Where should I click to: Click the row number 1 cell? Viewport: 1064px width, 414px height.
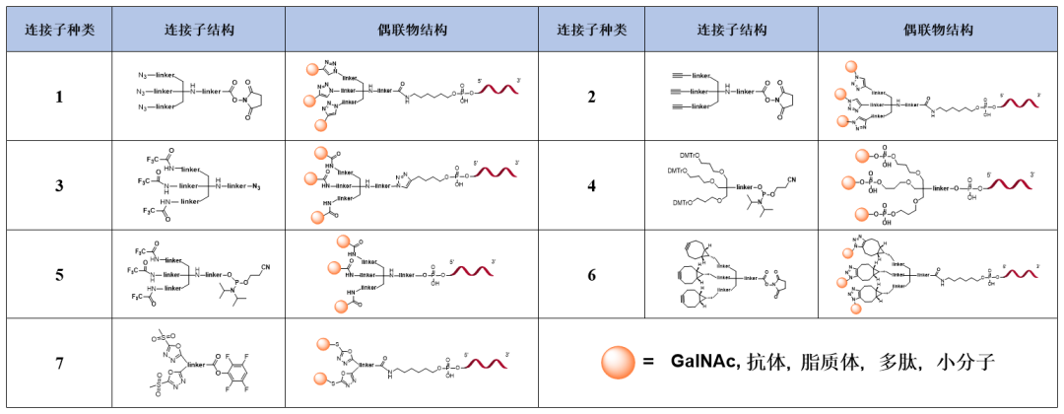pyautogui.click(x=59, y=96)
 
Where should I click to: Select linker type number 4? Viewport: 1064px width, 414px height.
pyautogui.click(x=591, y=185)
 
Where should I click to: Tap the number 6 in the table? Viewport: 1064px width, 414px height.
pyautogui.click(x=591, y=275)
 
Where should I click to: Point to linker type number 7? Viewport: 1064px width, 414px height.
pyautogui.click(x=59, y=364)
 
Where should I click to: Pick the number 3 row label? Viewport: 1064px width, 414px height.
pyautogui.click(x=59, y=185)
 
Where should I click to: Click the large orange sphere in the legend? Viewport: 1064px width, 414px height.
pyautogui.click(x=619, y=363)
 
